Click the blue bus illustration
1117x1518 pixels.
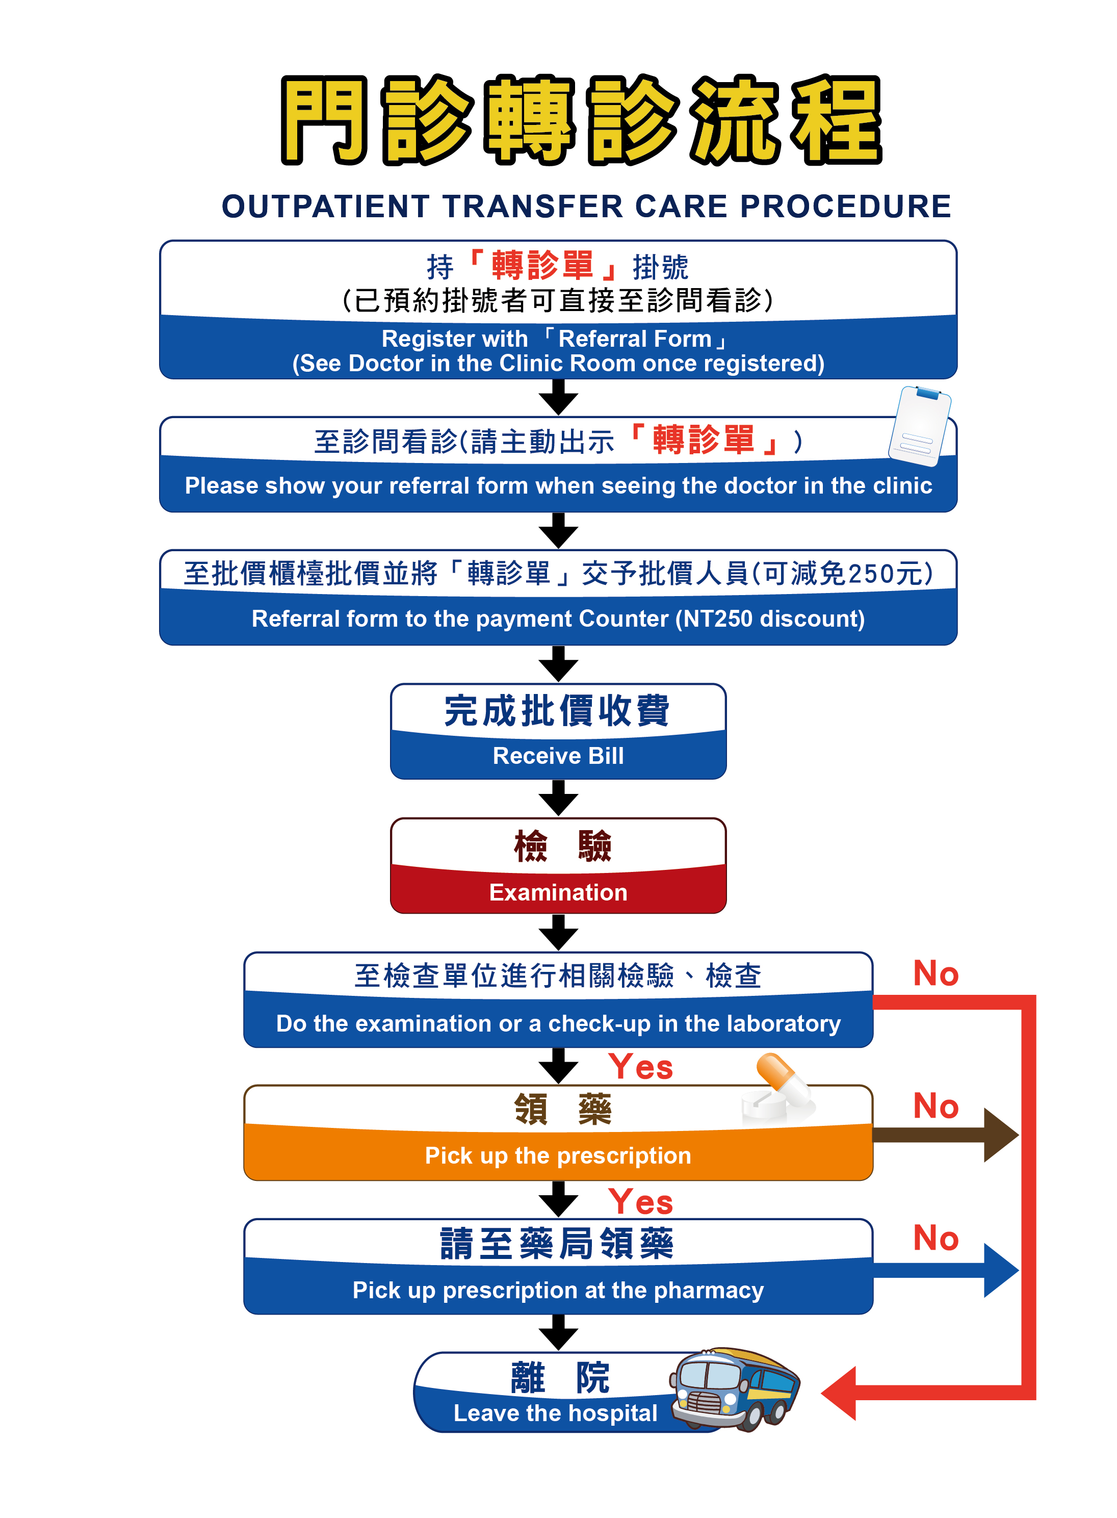(x=735, y=1388)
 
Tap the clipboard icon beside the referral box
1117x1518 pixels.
(x=920, y=426)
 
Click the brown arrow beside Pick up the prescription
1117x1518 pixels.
(x=947, y=1135)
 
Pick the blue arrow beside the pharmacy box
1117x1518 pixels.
(x=947, y=1270)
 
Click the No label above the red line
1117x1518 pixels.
(x=936, y=974)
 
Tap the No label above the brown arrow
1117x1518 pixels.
(x=936, y=1106)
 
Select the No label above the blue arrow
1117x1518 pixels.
(x=936, y=1238)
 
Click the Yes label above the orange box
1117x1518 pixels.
(x=640, y=1068)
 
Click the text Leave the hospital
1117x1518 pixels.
(x=555, y=1412)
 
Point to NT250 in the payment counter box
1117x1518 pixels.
(x=717, y=619)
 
